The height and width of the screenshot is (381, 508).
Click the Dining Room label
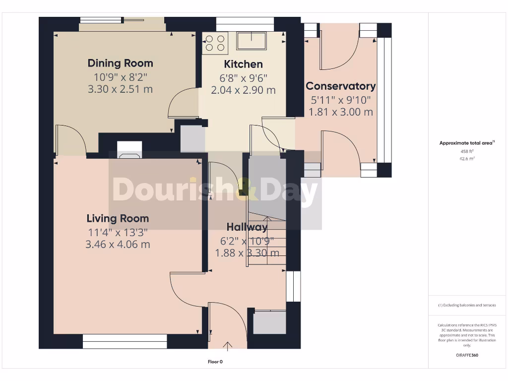[x=120, y=63]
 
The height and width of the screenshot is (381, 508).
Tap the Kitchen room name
[x=243, y=64]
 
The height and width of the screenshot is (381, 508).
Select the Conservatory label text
[x=340, y=86]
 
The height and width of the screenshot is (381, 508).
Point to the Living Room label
[x=118, y=218]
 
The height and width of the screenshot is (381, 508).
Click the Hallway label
[x=247, y=227]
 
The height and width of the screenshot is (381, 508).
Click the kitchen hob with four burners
[x=215, y=43]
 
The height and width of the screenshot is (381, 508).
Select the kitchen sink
[x=252, y=40]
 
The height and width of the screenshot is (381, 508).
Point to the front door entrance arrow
[x=228, y=345]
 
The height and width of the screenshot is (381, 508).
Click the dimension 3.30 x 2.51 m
[x=120, y=89]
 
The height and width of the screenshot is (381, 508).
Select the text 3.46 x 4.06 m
[x=118, y=245]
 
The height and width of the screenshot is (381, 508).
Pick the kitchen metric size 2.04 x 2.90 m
[x=243, y=90]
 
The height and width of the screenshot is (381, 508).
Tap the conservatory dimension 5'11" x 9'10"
[x=340, y=100]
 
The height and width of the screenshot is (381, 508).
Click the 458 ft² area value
[x=467, y=151]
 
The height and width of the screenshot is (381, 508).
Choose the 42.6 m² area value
[x=467, y=159]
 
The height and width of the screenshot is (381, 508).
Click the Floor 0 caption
[x=215, y=362]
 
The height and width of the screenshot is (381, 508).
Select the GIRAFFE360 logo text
[x=467, y=355]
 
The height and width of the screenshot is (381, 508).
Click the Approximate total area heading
[x=467, y=143]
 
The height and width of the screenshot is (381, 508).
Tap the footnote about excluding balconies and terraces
[x=467, y=305]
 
